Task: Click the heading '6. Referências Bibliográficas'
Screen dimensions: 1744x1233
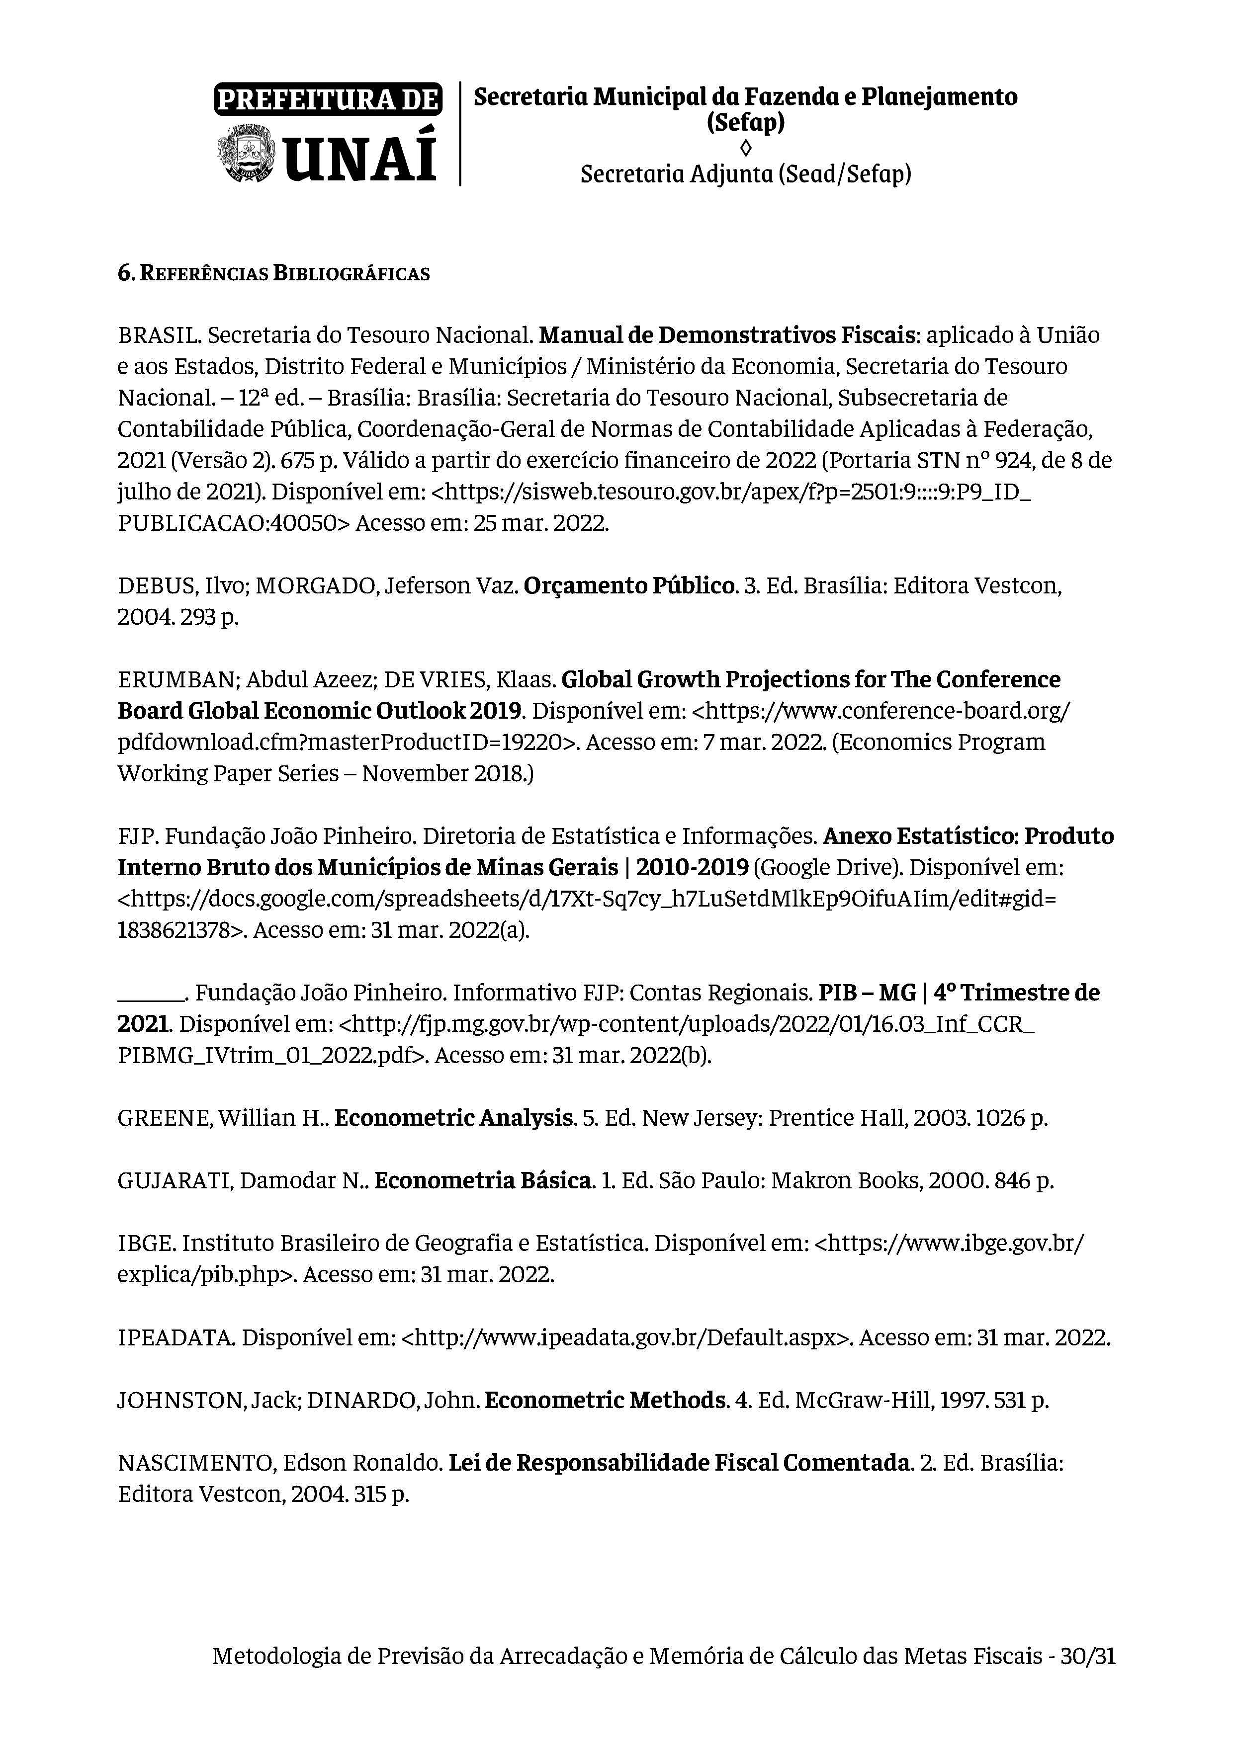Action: (x=273, y=273)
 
